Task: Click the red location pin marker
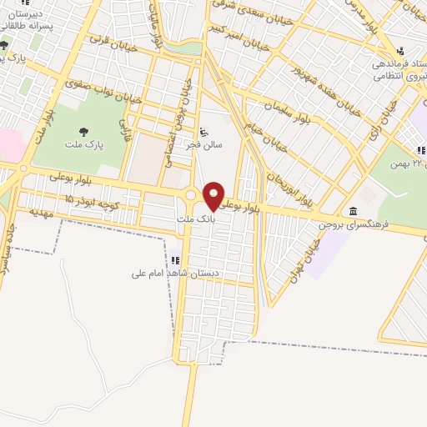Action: [x=214, y=194]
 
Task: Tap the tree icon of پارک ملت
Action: [x=83, y=131]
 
